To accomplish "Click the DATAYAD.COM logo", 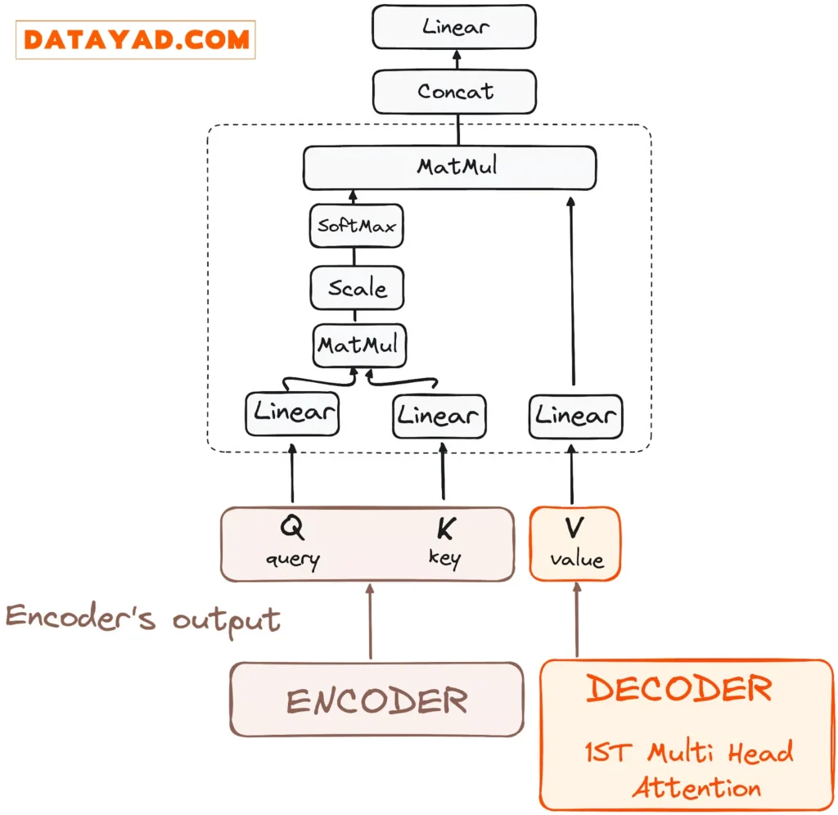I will coord(136,39).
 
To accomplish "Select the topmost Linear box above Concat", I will coord(455,26).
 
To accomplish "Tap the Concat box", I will coord(455,91).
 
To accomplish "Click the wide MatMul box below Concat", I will coord(449,167).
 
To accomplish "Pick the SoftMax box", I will coord(357,225).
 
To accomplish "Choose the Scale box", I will coord(357,287).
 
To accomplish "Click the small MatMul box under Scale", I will coord(360,344).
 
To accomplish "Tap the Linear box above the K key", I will coord(439,416).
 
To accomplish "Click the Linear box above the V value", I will coord(575,415).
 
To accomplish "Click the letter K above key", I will coord(444,529).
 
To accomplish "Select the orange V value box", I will coord(575,543).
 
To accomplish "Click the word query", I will coord(292,560).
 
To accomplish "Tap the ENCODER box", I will coord(376,700).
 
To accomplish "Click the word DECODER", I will coord(679,689).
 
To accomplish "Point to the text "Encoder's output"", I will coord(143,618).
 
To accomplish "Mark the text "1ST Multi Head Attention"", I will coord(688,769).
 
